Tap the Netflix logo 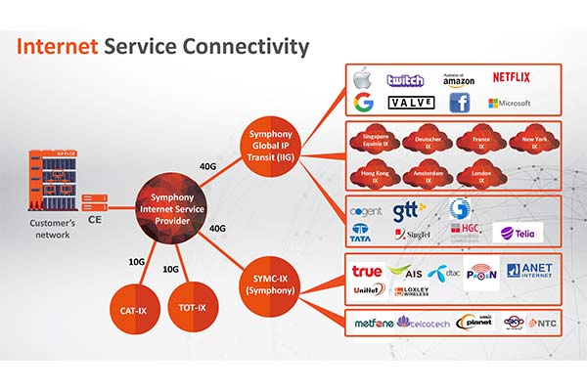[511, 77]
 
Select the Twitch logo [404, 80]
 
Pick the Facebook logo [460, 103]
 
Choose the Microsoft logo [510, 103]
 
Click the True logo [367, 270]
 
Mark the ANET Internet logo [528, 270]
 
